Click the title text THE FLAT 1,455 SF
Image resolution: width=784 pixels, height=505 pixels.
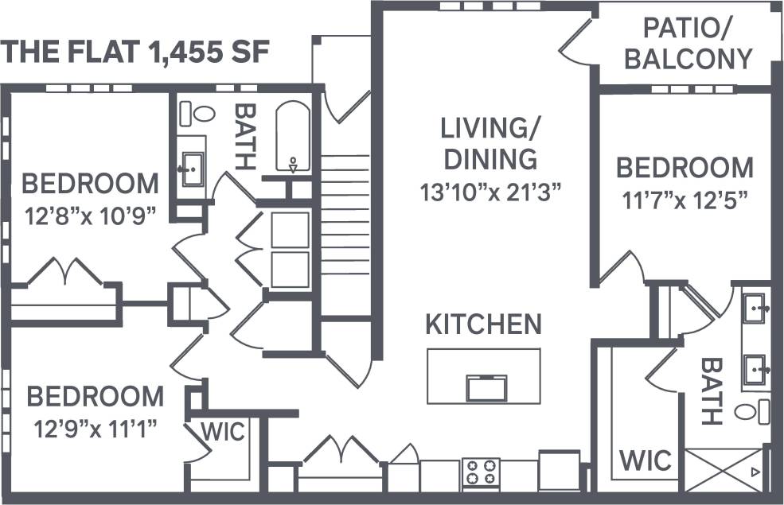(137, 52)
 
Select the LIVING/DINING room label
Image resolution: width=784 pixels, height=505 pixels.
(490, 143)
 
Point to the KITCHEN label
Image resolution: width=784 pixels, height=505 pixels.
(483, 324)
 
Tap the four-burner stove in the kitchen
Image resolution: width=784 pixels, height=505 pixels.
(481, 472)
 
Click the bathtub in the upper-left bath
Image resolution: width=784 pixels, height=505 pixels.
(294, 136)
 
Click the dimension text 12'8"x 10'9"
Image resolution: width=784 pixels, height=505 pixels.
(90, 216)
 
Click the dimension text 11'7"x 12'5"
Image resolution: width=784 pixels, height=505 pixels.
(685, 199)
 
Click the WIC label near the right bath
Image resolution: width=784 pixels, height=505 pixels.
(646, 460)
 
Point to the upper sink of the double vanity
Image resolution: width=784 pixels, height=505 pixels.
(755, 305)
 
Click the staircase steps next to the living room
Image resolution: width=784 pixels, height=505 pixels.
(345, 207)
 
